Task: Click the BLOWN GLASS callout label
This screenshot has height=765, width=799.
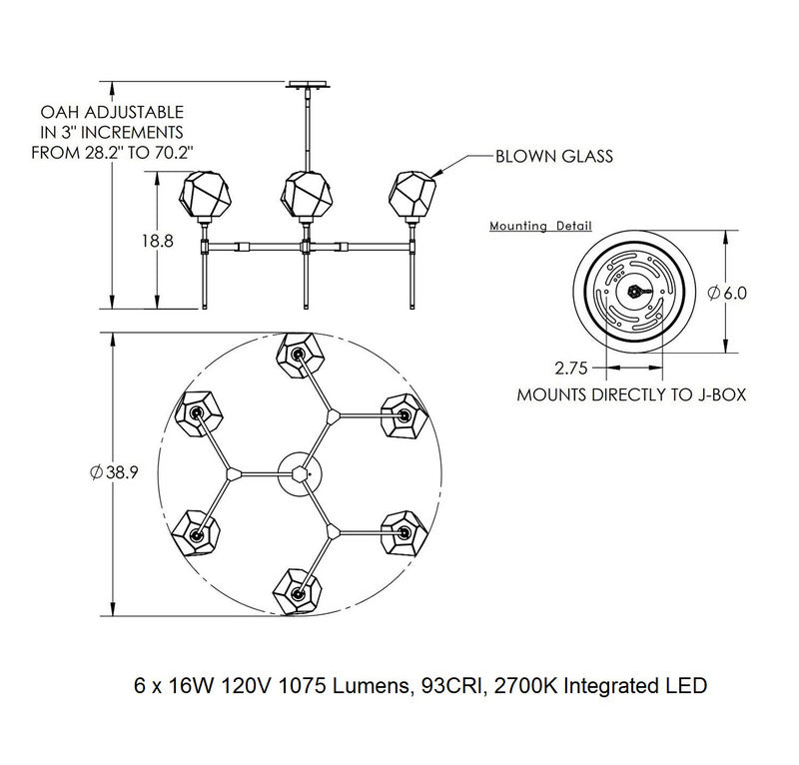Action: pyautogui.click(x=554, y=157)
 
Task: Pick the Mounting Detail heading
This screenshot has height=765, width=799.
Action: pyautogui.click(x=540, y=227)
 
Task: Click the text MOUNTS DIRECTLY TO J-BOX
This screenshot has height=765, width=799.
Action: pyautogui.click(x=631, y=394)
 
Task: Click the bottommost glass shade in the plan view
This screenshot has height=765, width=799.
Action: pyautogui.click(x=297, y=591)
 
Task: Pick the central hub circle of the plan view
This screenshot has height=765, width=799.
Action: pyautogui.click(x=299, y=470)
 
